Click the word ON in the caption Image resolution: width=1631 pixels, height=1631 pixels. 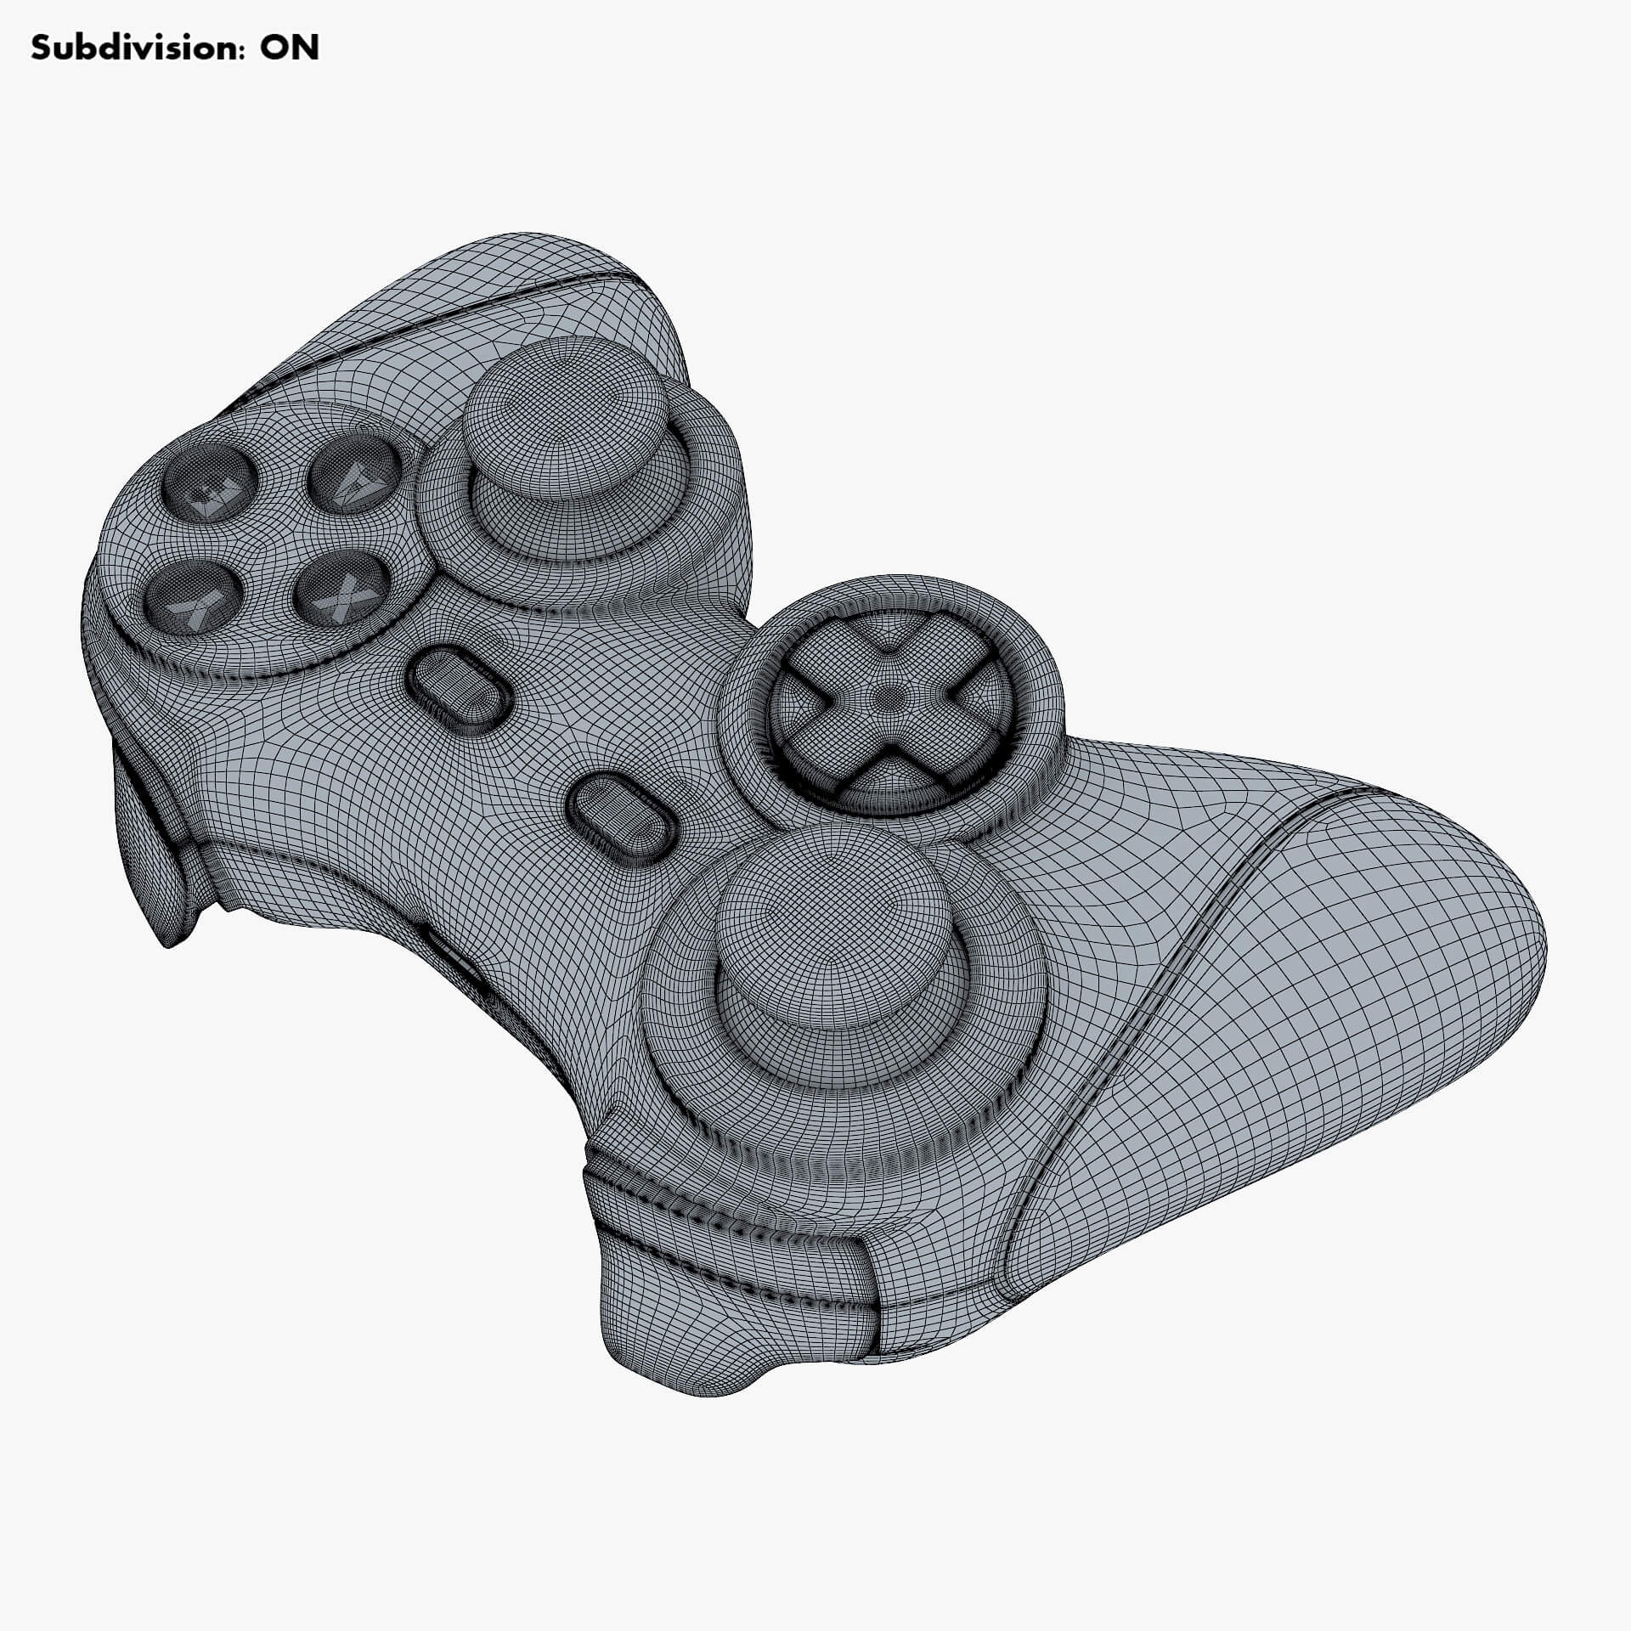[x=289, y=48]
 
